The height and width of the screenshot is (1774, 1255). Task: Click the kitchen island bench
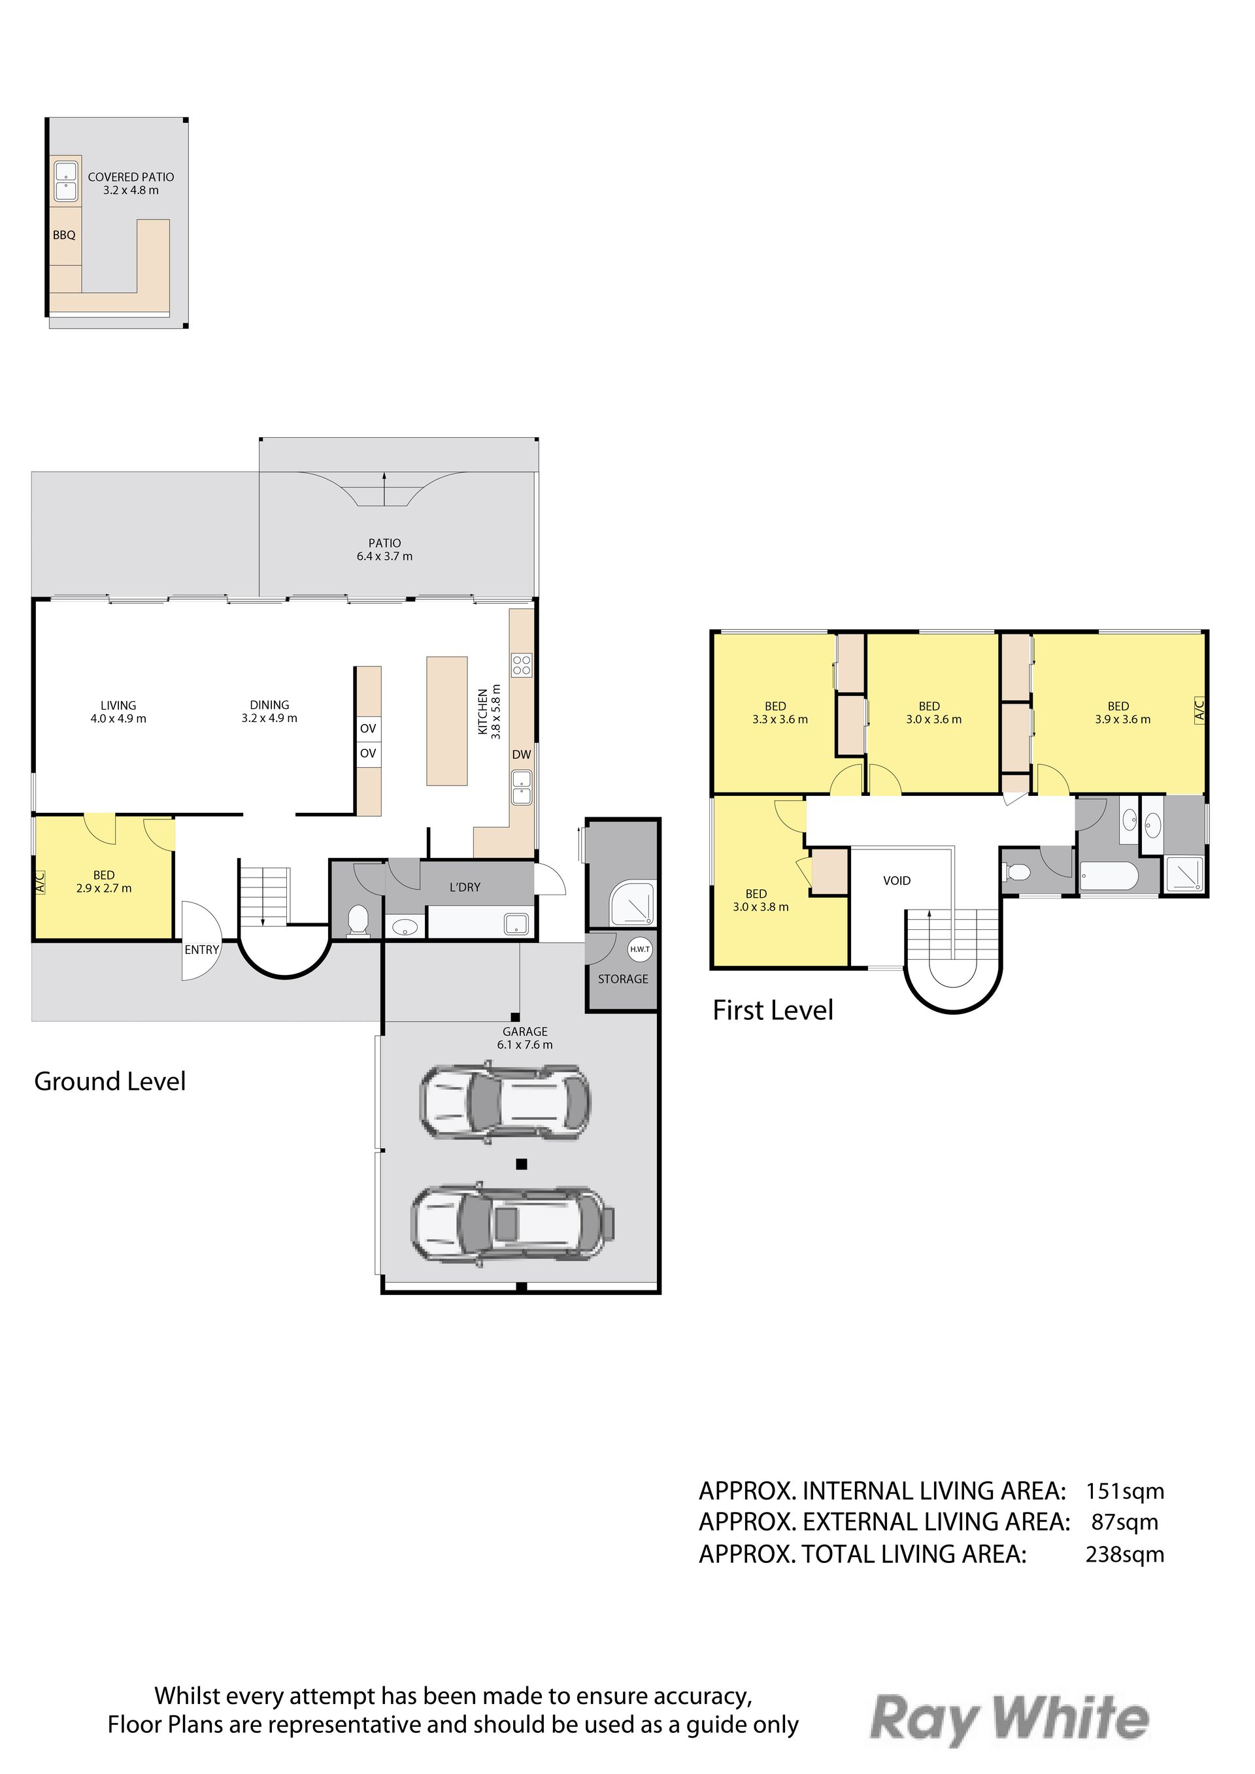pos(448,721)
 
